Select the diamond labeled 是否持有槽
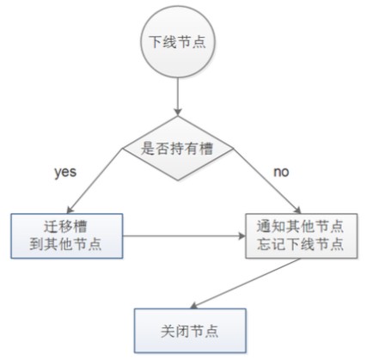pyautogui.click(x=177, y=149)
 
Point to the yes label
pyautogui.click(x=64, y=172)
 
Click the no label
pyautogui.click(x=280, y=172)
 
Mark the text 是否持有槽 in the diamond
pyautogui.click(x=177, y=149)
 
